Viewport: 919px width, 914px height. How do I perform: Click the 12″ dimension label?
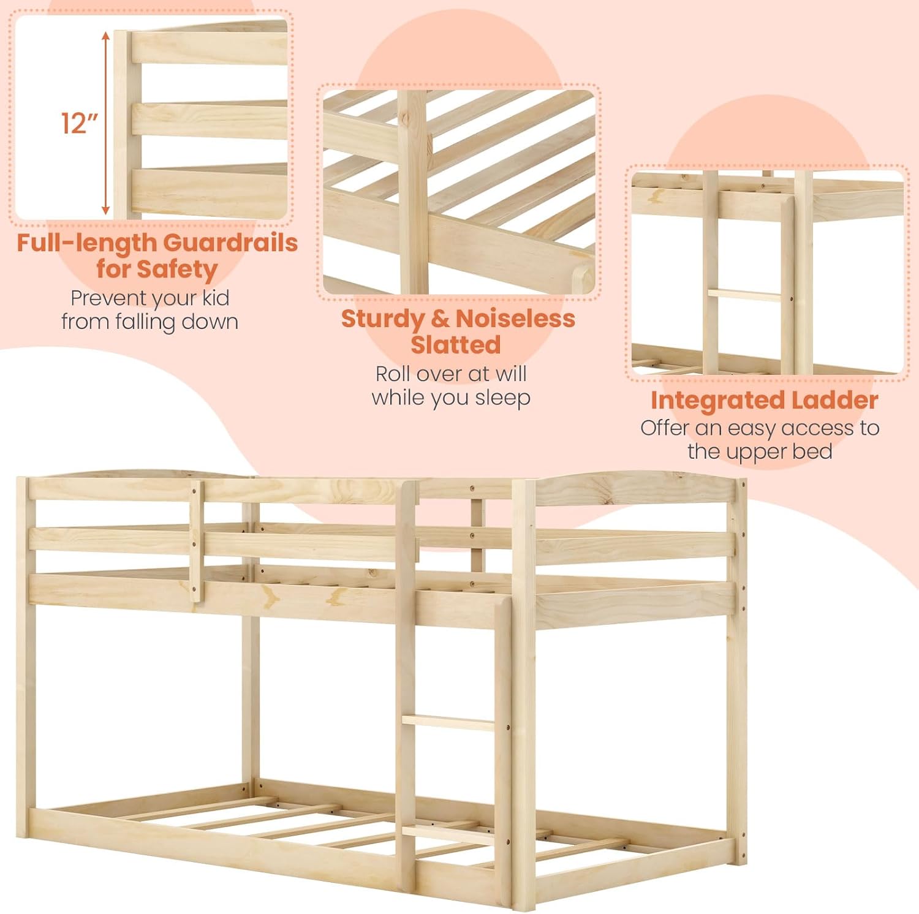pos(79,123)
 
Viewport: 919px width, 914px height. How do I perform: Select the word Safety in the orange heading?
pos(177,270)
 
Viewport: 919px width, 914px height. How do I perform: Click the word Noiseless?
pos(515,319)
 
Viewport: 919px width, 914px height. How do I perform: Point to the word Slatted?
pos(456,345)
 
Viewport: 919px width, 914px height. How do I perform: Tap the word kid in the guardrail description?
pos(216,298)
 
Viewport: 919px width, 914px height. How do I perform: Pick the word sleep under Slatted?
pos(502,398)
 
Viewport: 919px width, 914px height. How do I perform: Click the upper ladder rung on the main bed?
pos(448,723)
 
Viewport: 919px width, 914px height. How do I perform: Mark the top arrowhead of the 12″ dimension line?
pos(106,36)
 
